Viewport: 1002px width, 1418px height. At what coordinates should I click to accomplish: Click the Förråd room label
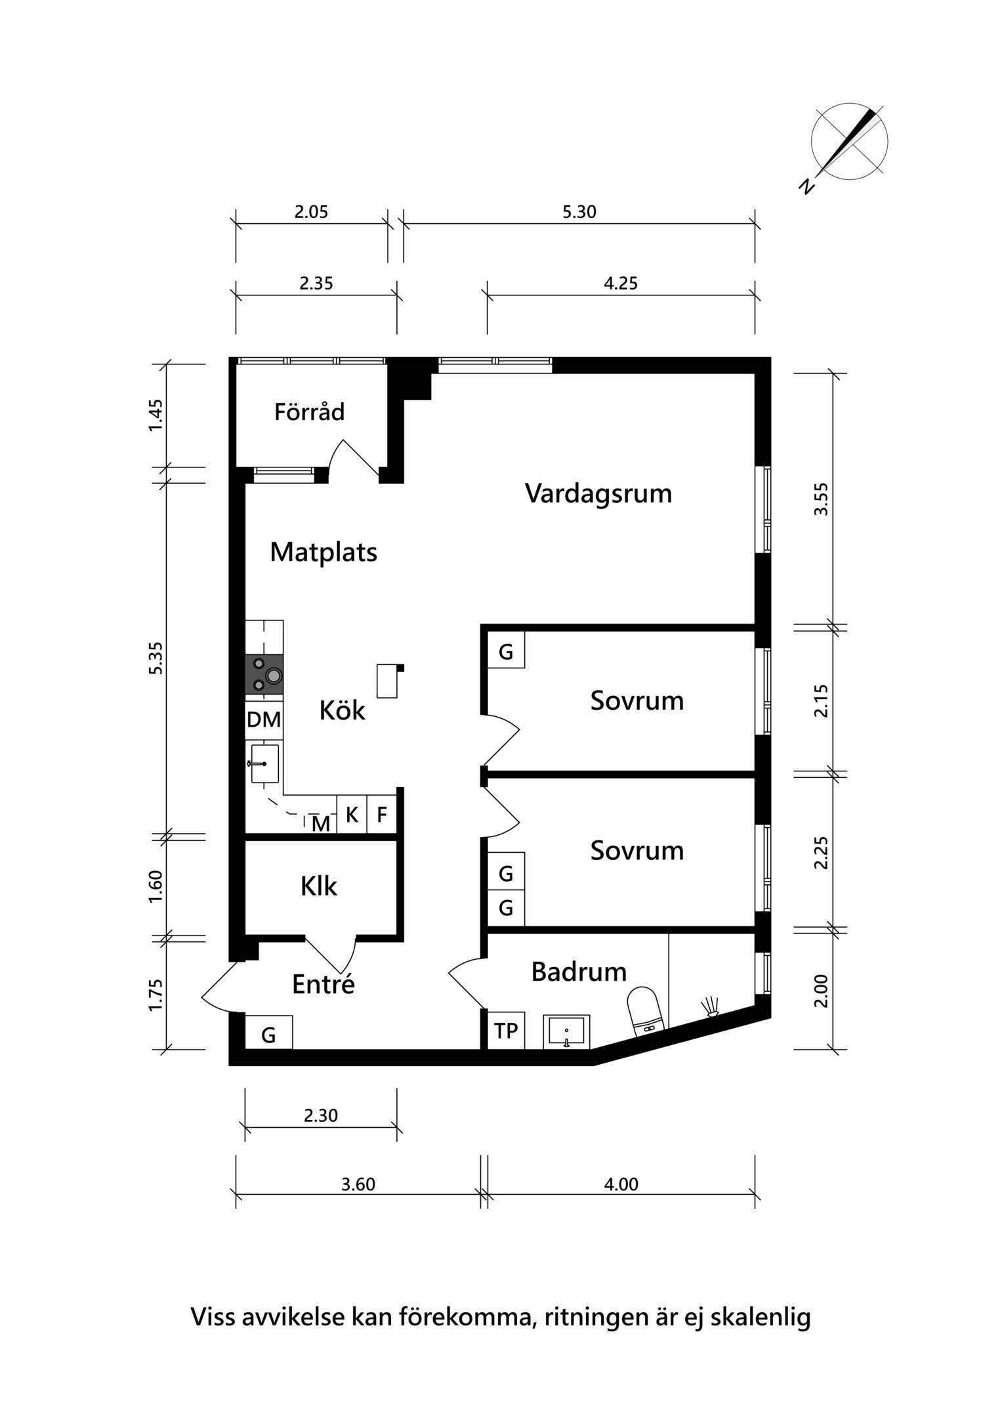309,412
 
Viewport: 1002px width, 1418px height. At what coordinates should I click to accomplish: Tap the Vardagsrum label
598,494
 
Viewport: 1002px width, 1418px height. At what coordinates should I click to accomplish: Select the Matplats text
324,553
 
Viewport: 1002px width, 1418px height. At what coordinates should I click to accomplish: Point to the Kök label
342,710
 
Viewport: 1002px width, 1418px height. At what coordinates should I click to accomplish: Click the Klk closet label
319,886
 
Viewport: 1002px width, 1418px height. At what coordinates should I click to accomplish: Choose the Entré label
324,984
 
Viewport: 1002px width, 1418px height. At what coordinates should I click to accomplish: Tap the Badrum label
579,972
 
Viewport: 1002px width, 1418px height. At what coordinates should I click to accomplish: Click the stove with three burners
264,675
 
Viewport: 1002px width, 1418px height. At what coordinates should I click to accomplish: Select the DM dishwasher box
264,720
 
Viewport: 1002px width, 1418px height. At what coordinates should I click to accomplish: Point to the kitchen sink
264,763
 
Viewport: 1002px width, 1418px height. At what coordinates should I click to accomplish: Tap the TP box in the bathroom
506,1031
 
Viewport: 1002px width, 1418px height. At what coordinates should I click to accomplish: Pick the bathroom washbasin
566,1031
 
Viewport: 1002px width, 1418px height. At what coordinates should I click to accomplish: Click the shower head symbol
711,1007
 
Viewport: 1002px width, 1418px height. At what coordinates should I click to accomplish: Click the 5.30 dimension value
579,212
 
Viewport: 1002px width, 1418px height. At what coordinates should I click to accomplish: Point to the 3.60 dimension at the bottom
358,1184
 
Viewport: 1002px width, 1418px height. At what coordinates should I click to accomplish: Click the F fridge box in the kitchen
381,815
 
